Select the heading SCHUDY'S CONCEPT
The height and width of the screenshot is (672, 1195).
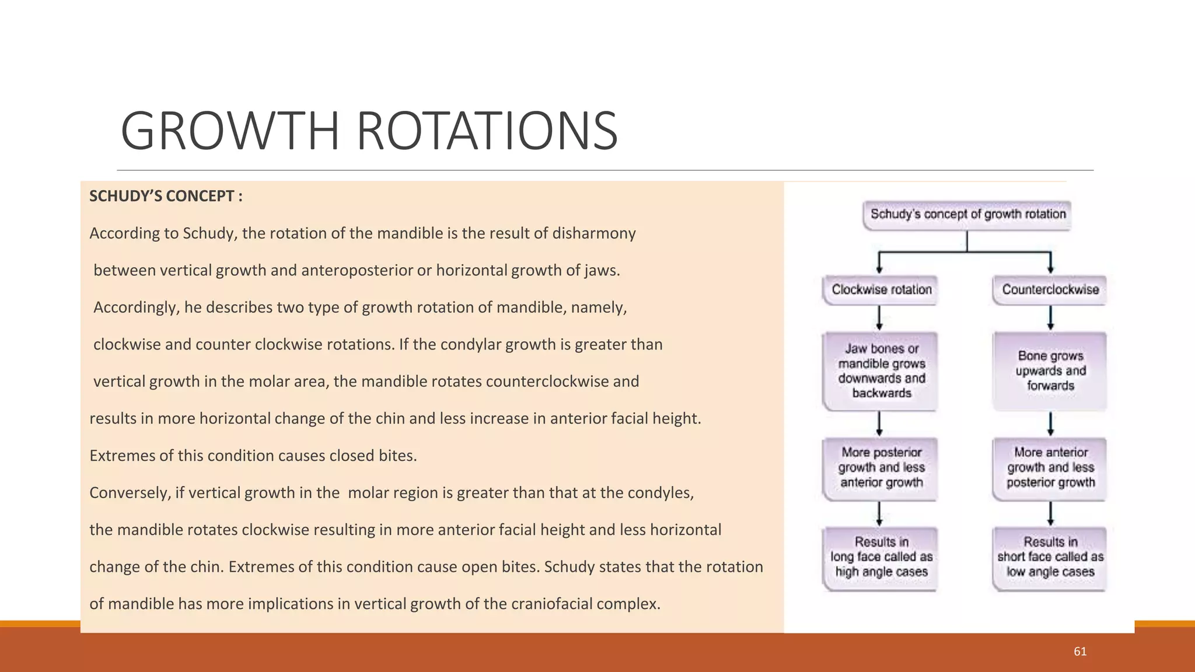coord(166,196)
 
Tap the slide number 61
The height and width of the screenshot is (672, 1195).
coord(1080,652)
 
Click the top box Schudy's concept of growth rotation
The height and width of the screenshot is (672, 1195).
coord(967,214)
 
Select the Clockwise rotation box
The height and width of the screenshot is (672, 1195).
coord(881,290)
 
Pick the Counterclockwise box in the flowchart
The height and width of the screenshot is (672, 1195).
coord(1050,290)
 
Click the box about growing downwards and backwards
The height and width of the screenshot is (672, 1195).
coord(881,371)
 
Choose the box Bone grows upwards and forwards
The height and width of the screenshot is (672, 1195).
coord(1050,371)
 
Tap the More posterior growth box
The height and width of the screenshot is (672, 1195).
coord(881,468)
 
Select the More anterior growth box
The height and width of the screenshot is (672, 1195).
coord(1050,468)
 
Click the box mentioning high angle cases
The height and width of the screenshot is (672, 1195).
coord(881,558)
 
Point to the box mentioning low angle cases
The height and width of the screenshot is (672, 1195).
coord(1050,558)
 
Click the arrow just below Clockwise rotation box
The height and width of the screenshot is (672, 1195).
coord(879,318)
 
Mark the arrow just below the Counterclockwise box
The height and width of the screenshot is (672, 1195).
coord(1050,318)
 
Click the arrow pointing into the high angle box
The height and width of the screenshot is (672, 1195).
coord(879,514)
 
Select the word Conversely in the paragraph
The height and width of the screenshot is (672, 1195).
coord(129,493)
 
